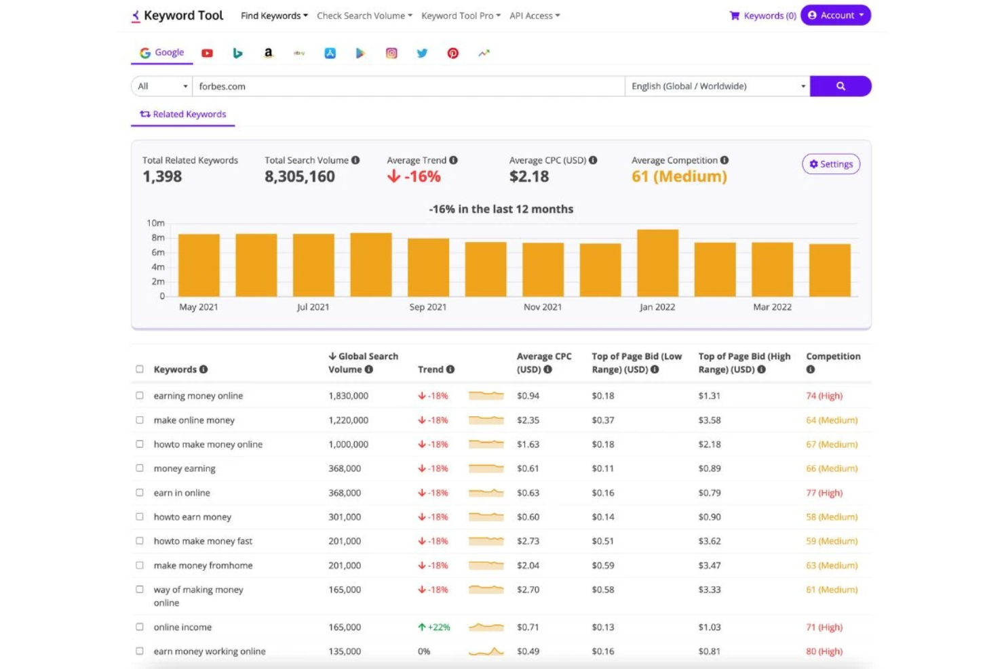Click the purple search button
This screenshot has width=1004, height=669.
pos(840,86)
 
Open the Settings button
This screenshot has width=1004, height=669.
pos(831,164)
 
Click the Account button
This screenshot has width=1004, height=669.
pos(835,16)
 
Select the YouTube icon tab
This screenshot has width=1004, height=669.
pos(207,53)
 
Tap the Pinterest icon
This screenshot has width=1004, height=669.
pos(452,53)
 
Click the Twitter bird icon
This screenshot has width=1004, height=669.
pos(422,53)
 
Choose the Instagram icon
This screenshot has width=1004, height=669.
pos(391,53)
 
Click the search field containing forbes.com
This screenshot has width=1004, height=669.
pos(407,86)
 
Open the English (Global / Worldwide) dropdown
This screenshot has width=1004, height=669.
pos(717,86)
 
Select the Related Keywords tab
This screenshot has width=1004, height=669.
pos(183,115)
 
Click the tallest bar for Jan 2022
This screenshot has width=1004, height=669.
pos(657,263)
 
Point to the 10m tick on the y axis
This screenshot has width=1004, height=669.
pos(156,223)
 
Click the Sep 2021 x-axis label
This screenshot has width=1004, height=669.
pos(428,307)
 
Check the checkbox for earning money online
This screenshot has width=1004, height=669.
pos(140,395)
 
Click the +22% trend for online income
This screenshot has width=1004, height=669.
pos(434,627)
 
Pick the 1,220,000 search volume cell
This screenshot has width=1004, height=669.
pos(349,420)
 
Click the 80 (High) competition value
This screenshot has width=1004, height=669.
pos(824,651)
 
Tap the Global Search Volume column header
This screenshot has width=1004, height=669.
pos(363,363)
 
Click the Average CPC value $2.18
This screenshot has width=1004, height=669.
pos(529,177)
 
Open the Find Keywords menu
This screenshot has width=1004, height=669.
pos(274,16)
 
